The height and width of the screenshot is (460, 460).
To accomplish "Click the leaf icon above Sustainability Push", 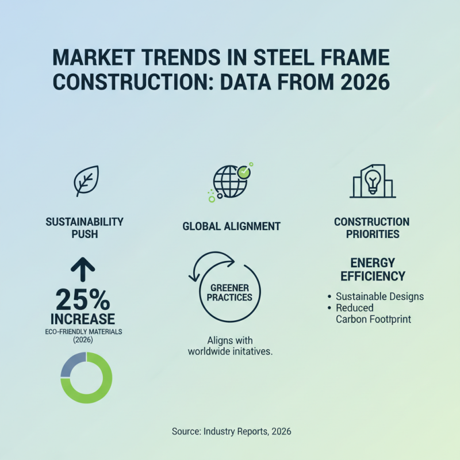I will pyautogui.click(x=86, y=181).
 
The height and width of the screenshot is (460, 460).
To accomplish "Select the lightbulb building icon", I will pyautogui.click(x=372, y=181).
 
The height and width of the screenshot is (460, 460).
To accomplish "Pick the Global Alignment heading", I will pyautogui.click(x=231, y=227).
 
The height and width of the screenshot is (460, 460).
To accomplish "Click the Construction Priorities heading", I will pyautogui.click(x=371, y=228).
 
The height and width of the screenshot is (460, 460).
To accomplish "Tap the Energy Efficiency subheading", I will pyautogui.click(x=372, y=269).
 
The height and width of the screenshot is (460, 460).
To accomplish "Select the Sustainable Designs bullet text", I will pyautogui.click(x=379, y=297).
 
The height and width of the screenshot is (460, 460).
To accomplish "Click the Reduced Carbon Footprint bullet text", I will pyautogui.click(x=373, y=313).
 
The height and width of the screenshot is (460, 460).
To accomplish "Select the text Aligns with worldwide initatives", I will pyautogui.click(x=230, y=346).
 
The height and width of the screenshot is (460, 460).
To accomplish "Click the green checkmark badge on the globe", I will pyautogui.click(x=246, y=171).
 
